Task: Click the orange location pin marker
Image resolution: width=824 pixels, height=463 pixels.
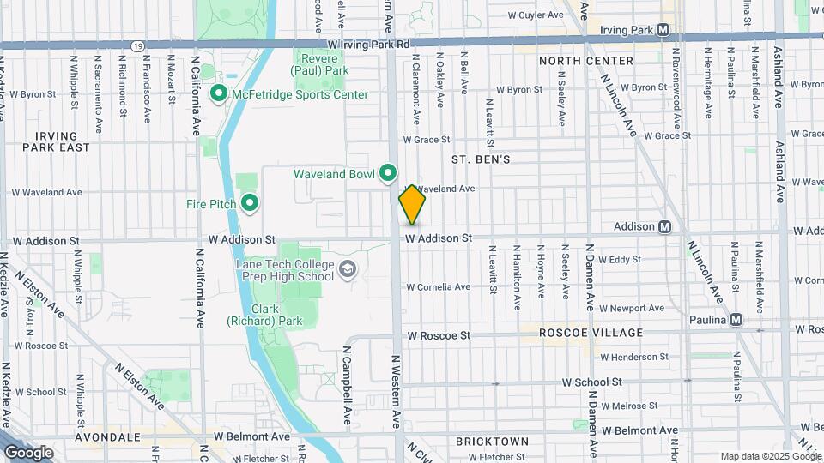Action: pyautogui.click(x=412, y=205)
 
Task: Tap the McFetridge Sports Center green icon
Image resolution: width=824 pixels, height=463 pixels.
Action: pyautogui.click(x=218, y=94)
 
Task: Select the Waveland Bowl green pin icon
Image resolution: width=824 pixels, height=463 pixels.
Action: pyautogui.click(x=388, y=174)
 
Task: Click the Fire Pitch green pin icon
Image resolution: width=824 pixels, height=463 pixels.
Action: pyautogui.click(x=250, y=203)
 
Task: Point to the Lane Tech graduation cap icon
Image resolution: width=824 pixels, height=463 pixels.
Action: pyautogui.click(x=347, y=270)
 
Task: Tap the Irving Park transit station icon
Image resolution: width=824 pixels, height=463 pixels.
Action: pyautogui.click(x=663, y=29)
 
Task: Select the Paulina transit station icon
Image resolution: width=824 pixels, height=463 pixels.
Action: pyautogui.click(x=736, y=320)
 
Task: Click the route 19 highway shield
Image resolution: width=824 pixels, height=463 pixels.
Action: pyautogui.click(x=137, y=44)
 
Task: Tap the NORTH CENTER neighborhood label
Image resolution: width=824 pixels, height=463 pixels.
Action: pyautogui.click(x=586, y=61)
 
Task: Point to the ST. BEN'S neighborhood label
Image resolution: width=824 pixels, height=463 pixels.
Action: pyautogui.click(x=481, y=159)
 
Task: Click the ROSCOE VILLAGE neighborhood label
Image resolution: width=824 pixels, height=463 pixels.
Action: pyautogui.click(x=591, y=332)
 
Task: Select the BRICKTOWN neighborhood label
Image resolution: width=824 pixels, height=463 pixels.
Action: pyautogui.click(x=492, y=441)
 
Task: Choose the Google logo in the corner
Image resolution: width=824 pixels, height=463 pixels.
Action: pyautogui.click(x=28, y=452)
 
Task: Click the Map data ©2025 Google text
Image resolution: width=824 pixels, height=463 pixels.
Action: pyautogui.click(x=769, y=456)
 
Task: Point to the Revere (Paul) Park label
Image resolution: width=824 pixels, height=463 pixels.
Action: pyautogui.click(x=322, y=64)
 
